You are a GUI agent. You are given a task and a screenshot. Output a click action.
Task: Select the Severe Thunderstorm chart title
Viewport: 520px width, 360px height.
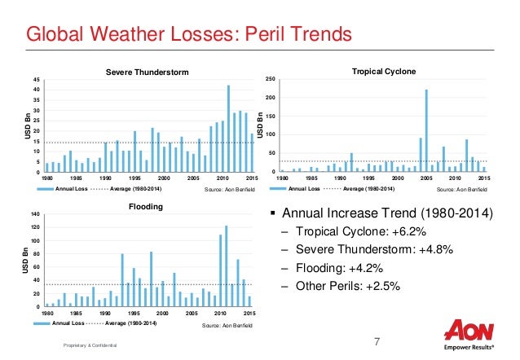pyautogui.click(x=148, y=72)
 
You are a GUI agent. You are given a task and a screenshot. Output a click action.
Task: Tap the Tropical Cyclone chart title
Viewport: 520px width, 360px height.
pyautogui.click(x=384, y=72)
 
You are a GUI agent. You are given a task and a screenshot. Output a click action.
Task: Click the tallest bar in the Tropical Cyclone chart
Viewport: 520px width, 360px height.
pyautogui.click(x=426, y=130)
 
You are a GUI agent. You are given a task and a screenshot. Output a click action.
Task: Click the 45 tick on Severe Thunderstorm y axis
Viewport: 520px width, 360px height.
pyautogui.click(x=37, y=79)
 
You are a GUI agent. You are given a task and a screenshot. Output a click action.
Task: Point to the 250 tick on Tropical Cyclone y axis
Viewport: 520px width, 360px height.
pyautogui.click(x=271, y=79)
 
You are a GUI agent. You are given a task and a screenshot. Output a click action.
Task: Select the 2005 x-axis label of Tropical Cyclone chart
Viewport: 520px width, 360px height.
pyautogui.click(x=426, y=177)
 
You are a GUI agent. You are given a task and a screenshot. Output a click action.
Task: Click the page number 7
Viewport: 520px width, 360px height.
pyautogui.click(x=377, y=340)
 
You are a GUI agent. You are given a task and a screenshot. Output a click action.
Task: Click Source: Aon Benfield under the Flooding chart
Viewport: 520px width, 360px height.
pyautogui.click(x=225, y=324)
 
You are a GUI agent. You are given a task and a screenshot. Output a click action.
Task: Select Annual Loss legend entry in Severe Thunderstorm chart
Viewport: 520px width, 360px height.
pyautogui.click(x=70, y=189)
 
